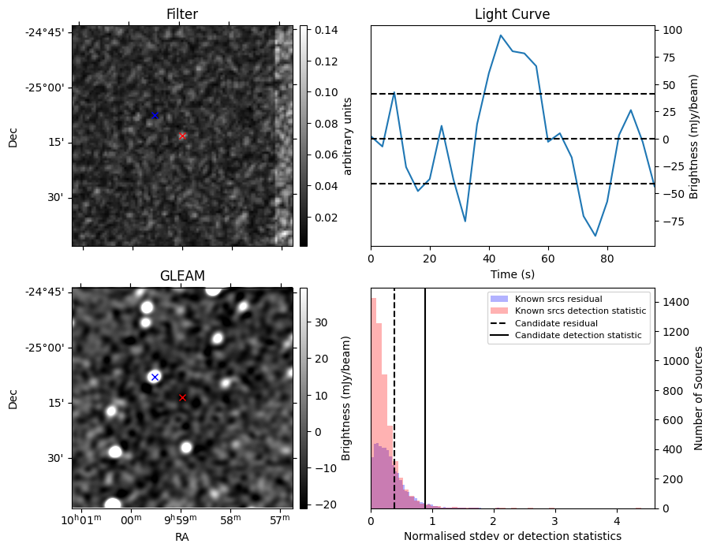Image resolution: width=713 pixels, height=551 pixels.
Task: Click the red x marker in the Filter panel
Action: pos(182,136)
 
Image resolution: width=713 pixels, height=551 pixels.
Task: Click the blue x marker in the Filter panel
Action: pos(155,116)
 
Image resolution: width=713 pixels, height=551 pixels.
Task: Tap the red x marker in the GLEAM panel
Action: pos(182,397)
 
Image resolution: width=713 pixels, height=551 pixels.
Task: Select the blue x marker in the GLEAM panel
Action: pos(155,377)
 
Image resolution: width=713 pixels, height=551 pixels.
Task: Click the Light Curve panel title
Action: pos(512,14)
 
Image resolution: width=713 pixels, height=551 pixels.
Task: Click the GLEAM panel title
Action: pos(182,276)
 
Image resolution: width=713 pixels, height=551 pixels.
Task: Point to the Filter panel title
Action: pos(182,14)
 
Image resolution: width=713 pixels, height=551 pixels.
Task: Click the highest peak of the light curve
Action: pos(501,35)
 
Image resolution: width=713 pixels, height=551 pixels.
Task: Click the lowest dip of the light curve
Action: pos(595,235)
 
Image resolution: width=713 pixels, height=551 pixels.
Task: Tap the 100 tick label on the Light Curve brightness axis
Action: pos(670,30)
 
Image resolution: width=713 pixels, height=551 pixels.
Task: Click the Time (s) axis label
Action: pos(512,273)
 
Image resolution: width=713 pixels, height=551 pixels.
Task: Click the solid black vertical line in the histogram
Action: pos(425,410)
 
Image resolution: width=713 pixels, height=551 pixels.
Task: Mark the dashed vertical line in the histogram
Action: pos(394,410)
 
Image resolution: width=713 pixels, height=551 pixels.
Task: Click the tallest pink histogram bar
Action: pos(374,402)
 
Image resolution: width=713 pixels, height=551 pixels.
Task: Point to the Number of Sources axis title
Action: pos(699,398)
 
